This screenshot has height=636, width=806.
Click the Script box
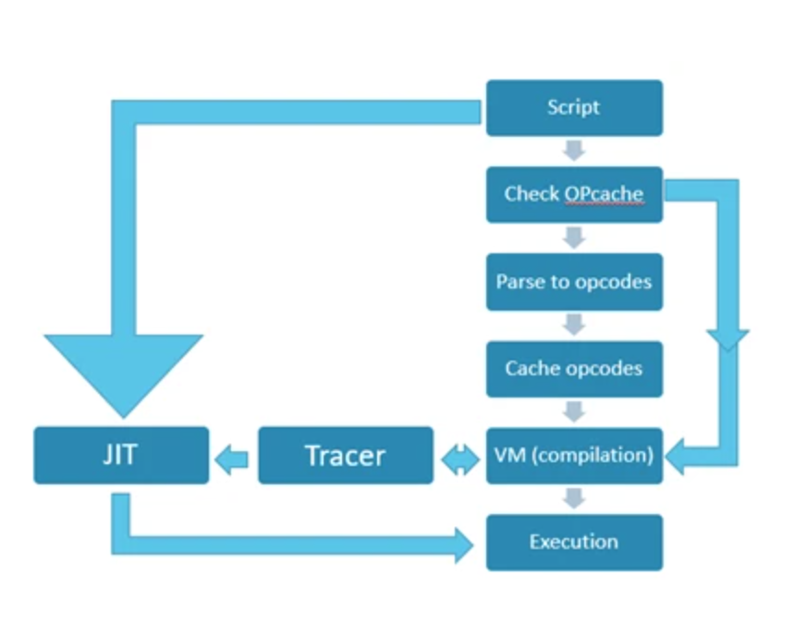click(x=574, y=107)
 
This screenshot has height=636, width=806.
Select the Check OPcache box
click(x=574, y=194)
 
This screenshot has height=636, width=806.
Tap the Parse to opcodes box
click(x=574, y=282)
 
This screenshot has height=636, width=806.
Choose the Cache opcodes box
click(x=574, y=369)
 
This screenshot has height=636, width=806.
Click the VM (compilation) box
click(x=574, y=456)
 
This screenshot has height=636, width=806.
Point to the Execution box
click(x=574, y=542)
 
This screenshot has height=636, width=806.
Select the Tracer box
click(x=345, y=455)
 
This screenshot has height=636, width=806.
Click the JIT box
click(x=121, y=455)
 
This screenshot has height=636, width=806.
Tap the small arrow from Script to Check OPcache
click(x=574, y=150)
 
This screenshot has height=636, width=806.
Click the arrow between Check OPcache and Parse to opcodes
click(x=574, y=238)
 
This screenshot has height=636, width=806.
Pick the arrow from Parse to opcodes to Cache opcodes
click(x=574, y=324)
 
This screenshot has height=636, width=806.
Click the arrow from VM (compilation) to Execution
click(x=574, y=498)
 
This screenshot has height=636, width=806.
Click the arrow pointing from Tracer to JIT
click(x=233, y=456)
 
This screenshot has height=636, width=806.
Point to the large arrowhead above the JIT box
click(x=123, y=370)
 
